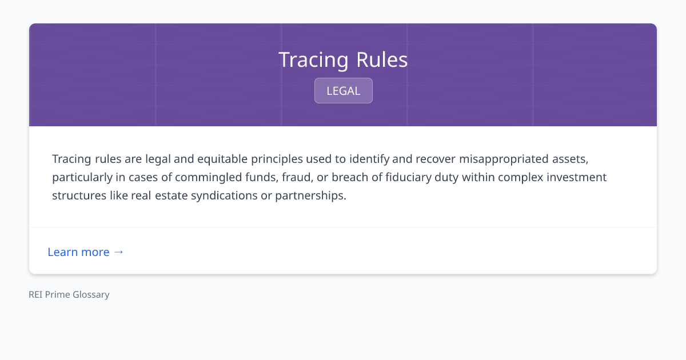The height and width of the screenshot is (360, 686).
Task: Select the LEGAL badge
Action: pyautogui.click(x=343, y=91)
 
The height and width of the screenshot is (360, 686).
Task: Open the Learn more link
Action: pyautogui.click(x=78, y=252)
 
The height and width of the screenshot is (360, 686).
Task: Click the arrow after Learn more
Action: pyautogui.click(x=118, y=252)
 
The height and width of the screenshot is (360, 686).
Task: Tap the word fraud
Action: pyautogui.click(x=296, y=177)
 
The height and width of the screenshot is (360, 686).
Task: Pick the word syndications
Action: pyautogui.click(x=228, y=195)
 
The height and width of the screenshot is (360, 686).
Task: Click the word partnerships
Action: pyautogui.click(x=310, y=195)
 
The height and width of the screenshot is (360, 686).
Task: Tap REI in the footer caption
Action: pyautogui.click(x=36, y=295)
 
